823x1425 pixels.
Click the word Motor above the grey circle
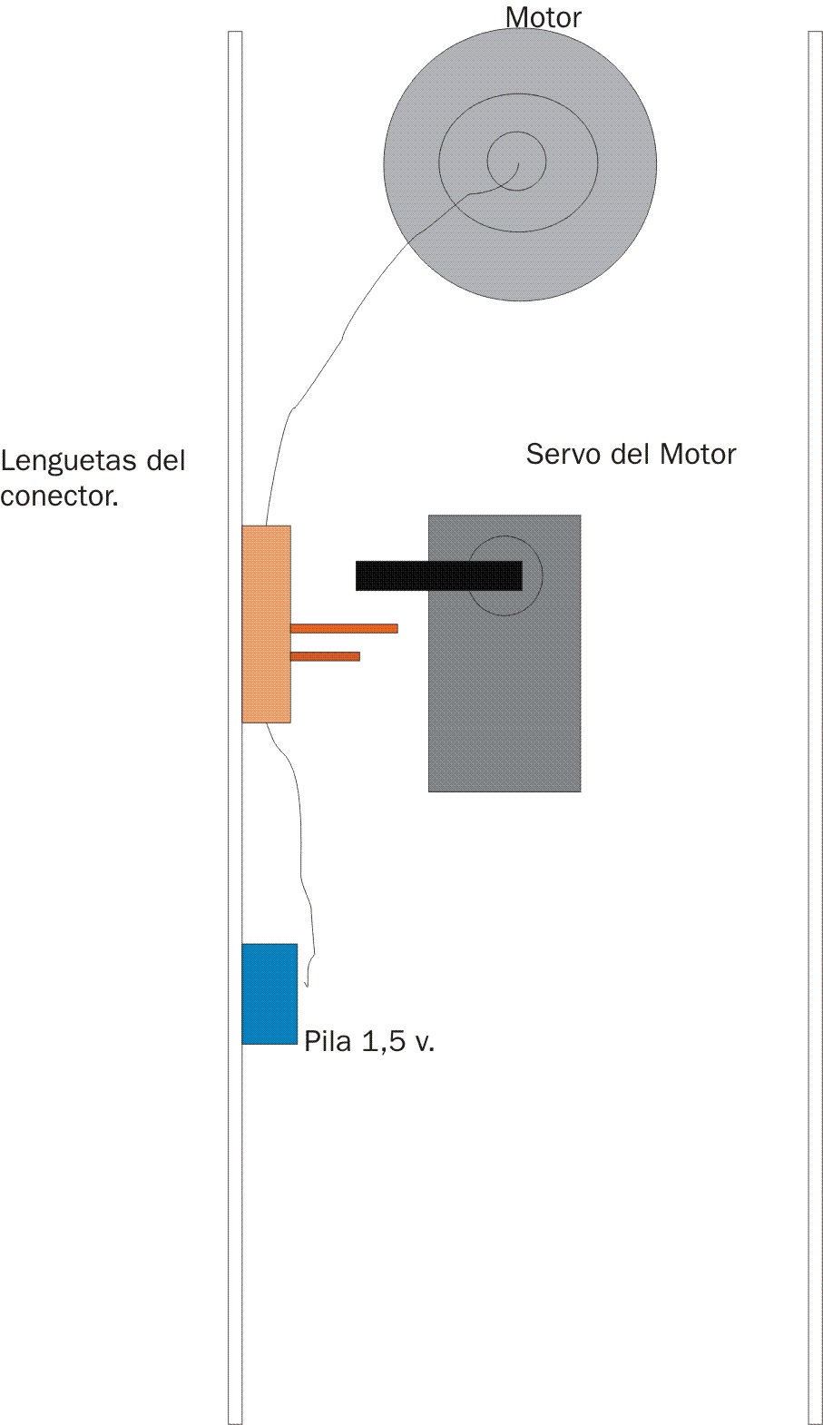coord(544,17)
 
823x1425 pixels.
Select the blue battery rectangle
coord(269,994)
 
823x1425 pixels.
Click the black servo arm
coord(439,575)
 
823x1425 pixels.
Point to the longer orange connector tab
coord(344,628)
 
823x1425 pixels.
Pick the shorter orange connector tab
coord(325,656)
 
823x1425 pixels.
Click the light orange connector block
coord(267,624)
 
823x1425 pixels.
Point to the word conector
coord(60,496)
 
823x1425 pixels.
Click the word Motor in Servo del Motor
coord(698,454)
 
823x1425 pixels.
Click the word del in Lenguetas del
coord(165,460)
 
